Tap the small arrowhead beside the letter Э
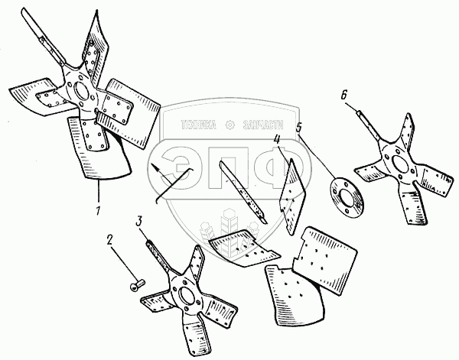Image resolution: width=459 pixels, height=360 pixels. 156,166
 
